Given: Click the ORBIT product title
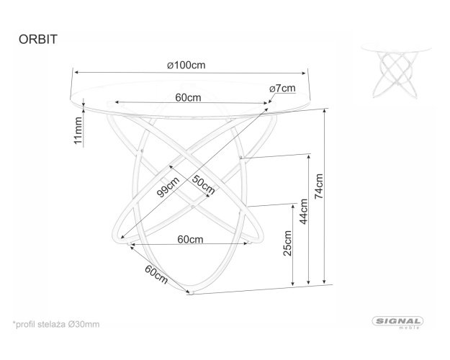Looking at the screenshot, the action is pyautogui.click(x=38, y=40).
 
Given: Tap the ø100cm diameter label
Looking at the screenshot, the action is pyautogui.click(x=186, y=66).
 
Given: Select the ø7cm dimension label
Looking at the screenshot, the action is pyautogui.click(x=282, y=89).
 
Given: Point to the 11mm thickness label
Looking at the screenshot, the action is pyautogui.click(x=78, y=130).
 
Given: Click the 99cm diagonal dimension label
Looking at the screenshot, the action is pyautogui.click(x=168, y=187).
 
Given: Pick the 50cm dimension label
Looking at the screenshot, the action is pyautogui.click(x=203, y=184).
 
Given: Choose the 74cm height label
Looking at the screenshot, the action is pyautogui.click(x=319, y=186).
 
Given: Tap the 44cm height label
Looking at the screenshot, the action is pyautogui.click(x=304, y=211).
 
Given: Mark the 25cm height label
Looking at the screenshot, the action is pyautogui.click(x=287, y=243).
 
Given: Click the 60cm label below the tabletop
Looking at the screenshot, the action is pyautogui.click(x=188, y=98).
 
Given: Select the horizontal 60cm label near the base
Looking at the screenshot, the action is pyautogui.click(x=190, y=239).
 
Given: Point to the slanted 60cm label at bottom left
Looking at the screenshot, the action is pyautogui.click(x=156, y=274).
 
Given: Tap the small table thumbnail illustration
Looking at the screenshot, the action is pyautogui.click(x=396, y=71).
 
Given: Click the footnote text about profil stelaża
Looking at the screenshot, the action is pyautogui.click(x=56, y=325).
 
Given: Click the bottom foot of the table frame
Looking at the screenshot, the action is pyautogui.click(x=191, y=293).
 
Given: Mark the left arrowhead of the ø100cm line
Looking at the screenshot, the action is pyautogui.click(x=76, y=72).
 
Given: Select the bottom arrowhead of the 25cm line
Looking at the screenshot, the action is pyautogui.click(x=293, y=284).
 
